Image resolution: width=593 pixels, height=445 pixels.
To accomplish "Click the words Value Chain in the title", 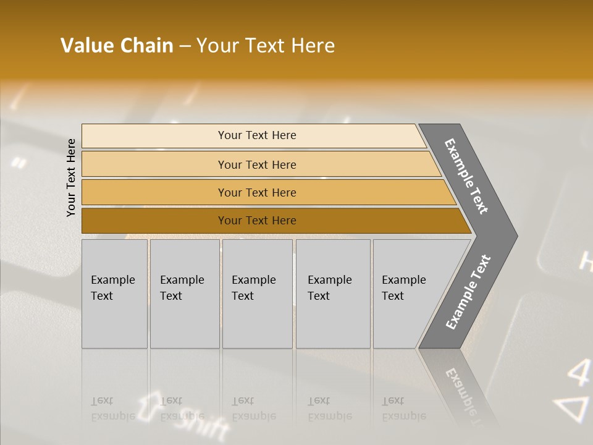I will (x=117, y=46).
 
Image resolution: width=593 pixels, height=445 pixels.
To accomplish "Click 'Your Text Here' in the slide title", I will (x=266, y=46).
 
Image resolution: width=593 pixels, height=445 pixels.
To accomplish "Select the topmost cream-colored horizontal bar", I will (x=257, y=135).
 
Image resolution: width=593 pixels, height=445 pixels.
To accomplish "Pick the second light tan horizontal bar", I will (x=257, y=164).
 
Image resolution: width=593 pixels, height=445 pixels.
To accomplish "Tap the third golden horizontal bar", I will (x=257, y=192).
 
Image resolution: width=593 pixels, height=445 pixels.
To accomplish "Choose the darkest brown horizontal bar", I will (x=257, y=221).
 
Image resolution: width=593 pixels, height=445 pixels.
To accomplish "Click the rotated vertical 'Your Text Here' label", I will (x=71, y=177).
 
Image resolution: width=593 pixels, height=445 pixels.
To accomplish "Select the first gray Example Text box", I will (x=114, y=293).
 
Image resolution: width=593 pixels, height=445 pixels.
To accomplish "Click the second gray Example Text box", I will (x=184, y=293).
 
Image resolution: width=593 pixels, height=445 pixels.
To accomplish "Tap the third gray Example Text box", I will (x=257, y=293).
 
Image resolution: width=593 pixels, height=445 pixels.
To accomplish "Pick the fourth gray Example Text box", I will (x=333, y=293).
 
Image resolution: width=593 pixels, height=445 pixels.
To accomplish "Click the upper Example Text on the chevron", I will (x=466, y=176).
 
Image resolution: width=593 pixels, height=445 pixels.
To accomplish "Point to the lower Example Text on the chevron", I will (x=468, y=292).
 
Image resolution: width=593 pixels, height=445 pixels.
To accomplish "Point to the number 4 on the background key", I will (x=578, y=373).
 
